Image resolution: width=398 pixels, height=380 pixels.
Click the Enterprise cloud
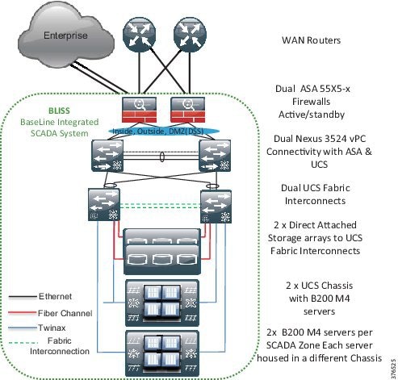[x=62, y=35]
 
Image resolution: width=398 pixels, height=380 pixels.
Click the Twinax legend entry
[x=57, y=326]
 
